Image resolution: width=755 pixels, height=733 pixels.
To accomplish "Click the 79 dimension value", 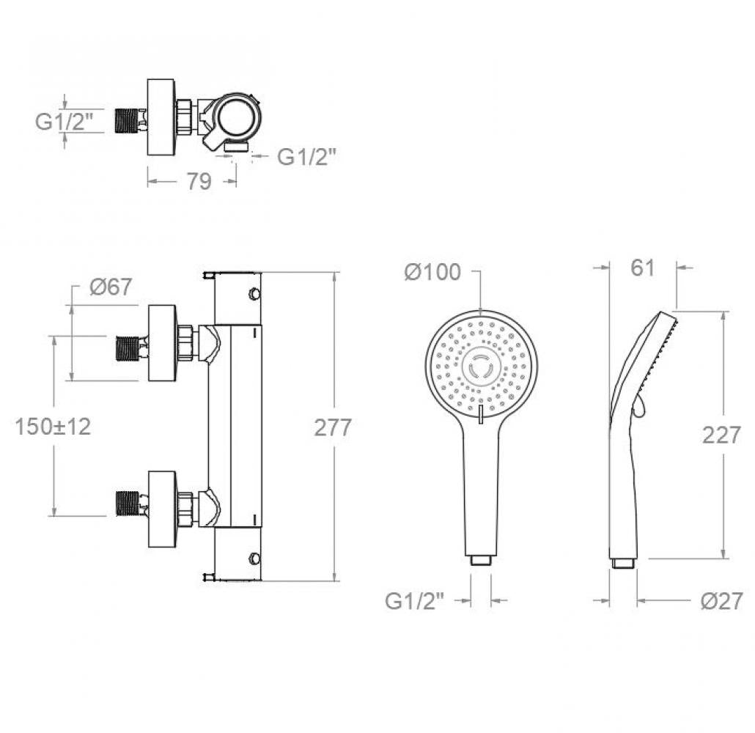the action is (199, 181).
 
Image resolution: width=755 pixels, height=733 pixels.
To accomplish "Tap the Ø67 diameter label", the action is (111, 287).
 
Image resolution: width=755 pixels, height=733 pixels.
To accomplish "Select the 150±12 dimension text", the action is (53, 427).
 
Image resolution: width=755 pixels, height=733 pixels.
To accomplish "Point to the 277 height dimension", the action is (333, 427).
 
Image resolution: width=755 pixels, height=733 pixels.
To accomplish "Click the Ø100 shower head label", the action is (433, 272).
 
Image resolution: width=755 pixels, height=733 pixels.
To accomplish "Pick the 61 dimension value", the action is (643, 268).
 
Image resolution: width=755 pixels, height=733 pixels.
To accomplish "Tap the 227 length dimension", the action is (721, 435).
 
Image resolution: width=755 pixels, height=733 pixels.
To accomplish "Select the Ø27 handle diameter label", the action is (721, 601).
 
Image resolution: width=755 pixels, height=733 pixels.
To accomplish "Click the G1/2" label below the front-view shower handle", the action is (414, 601).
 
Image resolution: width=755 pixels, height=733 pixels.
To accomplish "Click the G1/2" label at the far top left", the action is (64, 121).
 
